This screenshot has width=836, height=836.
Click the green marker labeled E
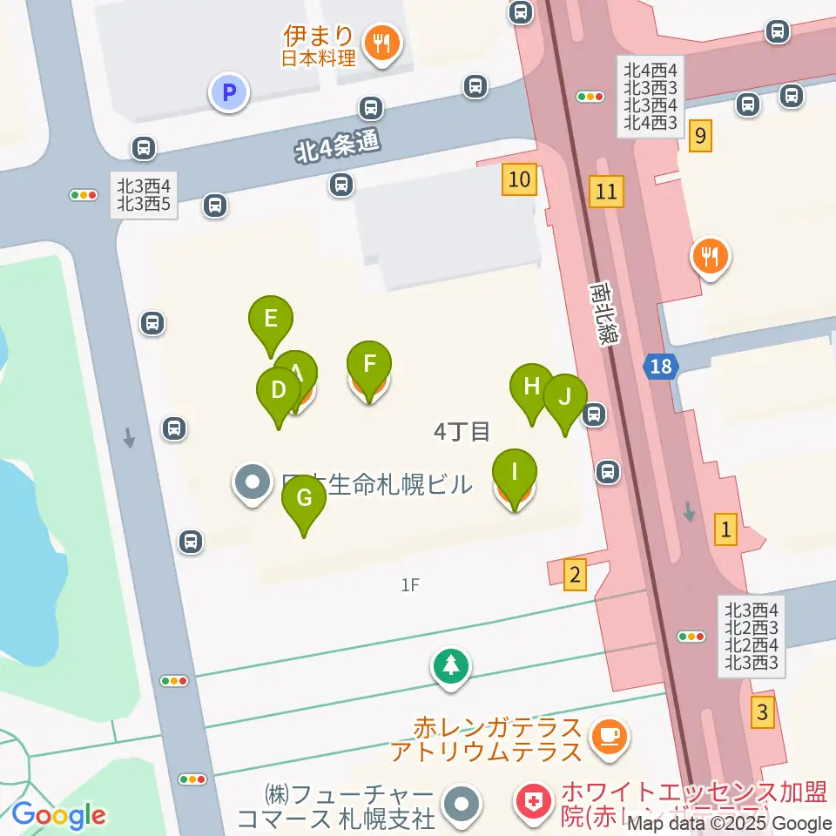271,319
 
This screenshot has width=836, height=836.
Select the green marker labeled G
304,499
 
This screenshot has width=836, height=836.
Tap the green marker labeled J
565,397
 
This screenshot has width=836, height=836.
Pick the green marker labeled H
532,386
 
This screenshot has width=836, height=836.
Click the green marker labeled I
515,473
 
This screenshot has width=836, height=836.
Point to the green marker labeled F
369,364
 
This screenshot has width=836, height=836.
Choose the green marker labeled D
279,390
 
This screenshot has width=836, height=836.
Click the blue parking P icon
229,91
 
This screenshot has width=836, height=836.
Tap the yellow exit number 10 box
519,180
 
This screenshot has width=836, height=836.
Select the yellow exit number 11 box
606,191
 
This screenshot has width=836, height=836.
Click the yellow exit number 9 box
700,135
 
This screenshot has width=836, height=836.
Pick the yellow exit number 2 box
574,574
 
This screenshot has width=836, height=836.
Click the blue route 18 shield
661,366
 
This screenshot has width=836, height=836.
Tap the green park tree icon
451,667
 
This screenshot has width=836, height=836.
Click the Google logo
58,815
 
